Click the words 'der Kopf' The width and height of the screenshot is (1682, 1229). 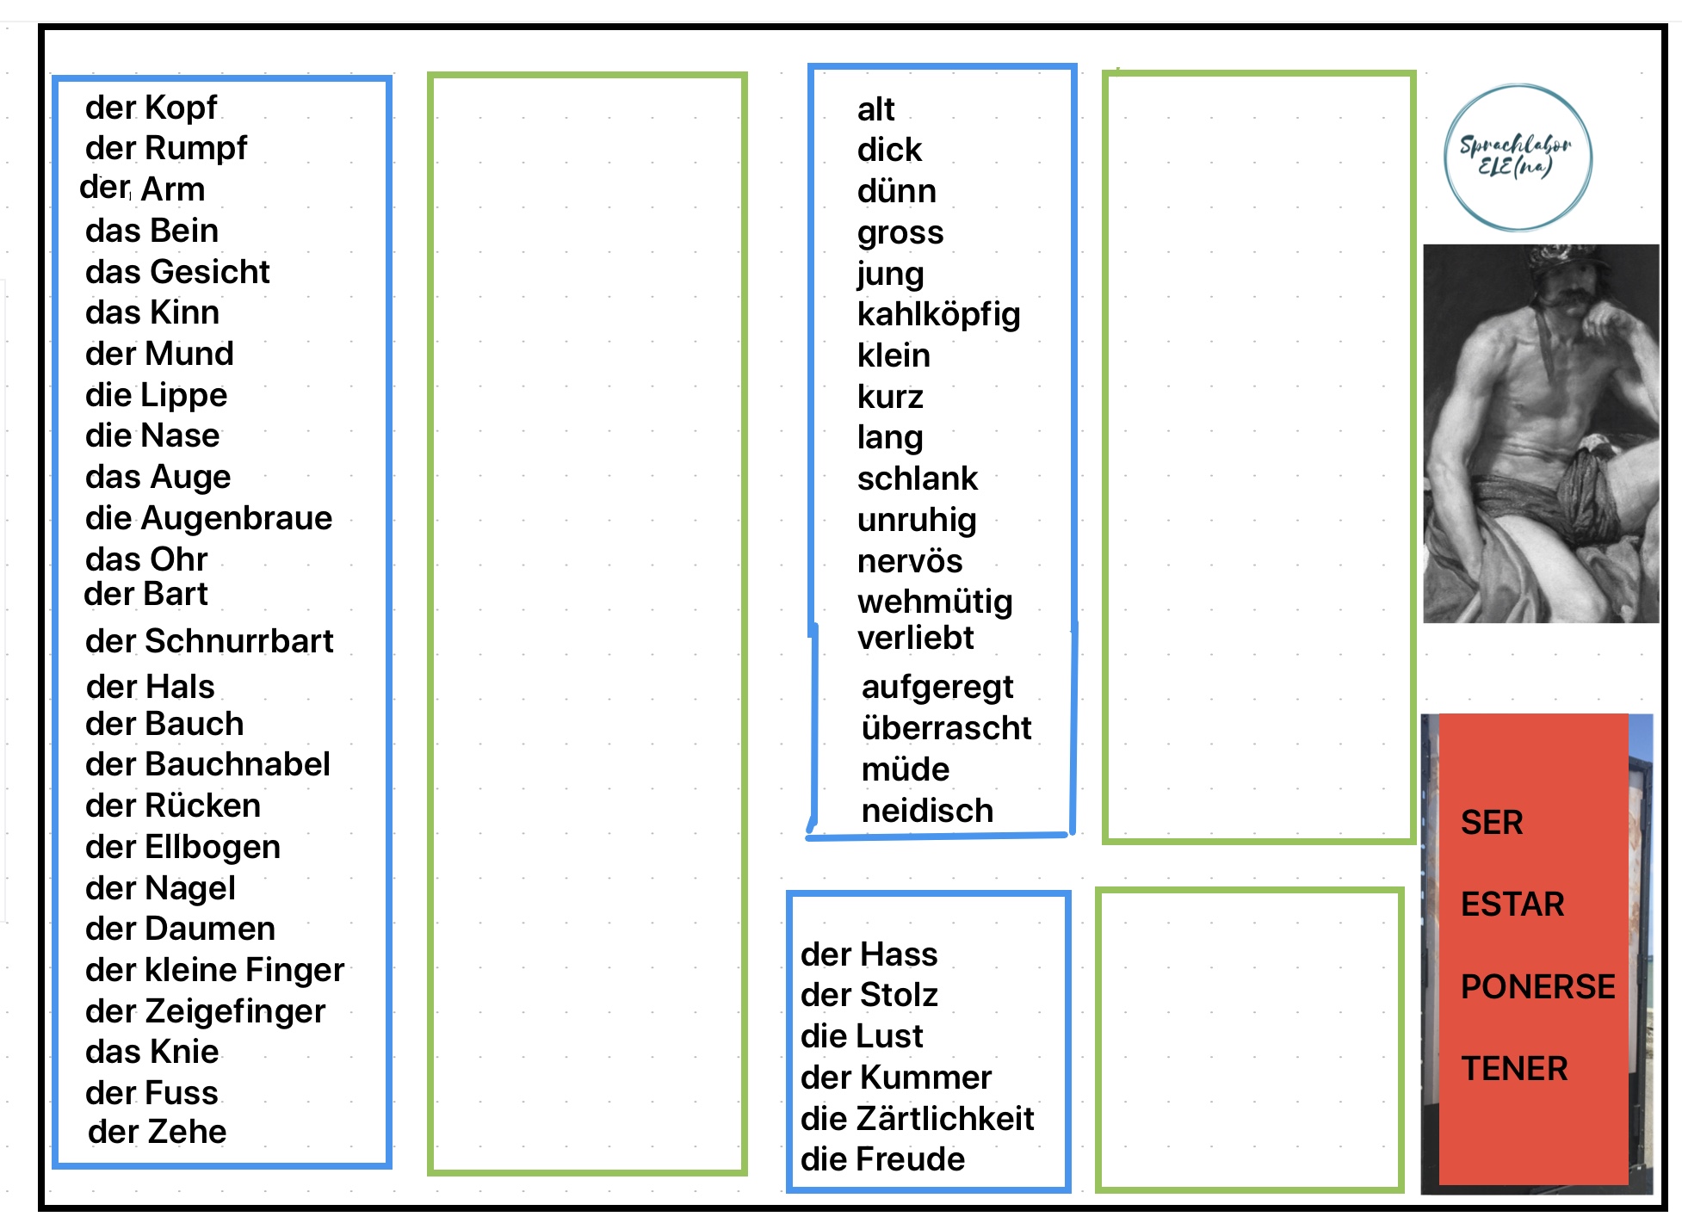coord(151,108)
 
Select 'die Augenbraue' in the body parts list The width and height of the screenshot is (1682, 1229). coord(208,518)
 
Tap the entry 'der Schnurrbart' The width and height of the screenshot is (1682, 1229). coord(209,641)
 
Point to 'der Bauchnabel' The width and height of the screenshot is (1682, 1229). coord(207,764)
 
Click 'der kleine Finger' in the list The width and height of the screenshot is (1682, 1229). coord(214,970)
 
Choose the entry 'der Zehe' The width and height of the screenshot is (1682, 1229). coord(157,1132)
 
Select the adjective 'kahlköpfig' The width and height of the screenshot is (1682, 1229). coord(938,315)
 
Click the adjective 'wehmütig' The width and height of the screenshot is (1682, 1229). coord(935,602)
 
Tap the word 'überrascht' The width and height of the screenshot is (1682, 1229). coord(946,728)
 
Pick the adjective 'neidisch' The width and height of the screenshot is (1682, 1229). coord(927,811)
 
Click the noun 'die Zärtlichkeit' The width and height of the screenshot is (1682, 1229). coord(917,1119)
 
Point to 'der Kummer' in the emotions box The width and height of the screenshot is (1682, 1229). coord(895,1078)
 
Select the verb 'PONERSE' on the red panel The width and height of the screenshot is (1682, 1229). coord(1537,986)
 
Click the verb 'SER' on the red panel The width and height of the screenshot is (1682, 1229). coord(1492,823)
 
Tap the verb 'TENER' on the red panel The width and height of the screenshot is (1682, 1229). coord(1514,1069)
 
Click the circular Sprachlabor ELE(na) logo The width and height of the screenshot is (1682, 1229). coord(1518,157)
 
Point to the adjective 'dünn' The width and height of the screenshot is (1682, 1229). coord(896,191)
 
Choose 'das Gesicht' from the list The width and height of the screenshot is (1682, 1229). coord(177,272)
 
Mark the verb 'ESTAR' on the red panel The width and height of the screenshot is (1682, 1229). coord(1512,905)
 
